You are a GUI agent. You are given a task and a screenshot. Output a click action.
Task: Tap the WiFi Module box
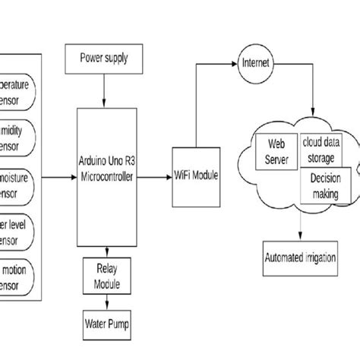(195, 175)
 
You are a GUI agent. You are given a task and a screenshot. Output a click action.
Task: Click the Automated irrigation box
(299, 257)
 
